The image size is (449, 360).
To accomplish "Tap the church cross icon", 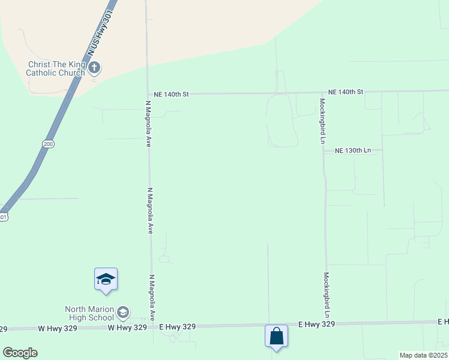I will (94, 68).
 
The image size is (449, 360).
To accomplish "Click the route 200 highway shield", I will (48, 144).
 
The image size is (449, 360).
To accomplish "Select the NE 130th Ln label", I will (353, 150).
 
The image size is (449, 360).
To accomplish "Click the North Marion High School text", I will (89, 313).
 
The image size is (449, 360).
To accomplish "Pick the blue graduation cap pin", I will (106, 280).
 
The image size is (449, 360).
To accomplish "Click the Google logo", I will (20, 353).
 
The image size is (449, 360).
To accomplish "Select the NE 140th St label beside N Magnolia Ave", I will (171, 94).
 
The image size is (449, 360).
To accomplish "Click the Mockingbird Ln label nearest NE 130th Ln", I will (322, 121).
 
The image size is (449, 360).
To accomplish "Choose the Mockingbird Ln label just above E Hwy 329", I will (327, 295).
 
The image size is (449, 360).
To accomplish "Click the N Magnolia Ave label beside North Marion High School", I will (152, 298).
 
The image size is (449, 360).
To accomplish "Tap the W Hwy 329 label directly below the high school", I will (127, 328).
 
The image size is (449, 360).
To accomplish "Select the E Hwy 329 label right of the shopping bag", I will (316, 324).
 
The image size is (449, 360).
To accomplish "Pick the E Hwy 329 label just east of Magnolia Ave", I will (178, 326).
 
